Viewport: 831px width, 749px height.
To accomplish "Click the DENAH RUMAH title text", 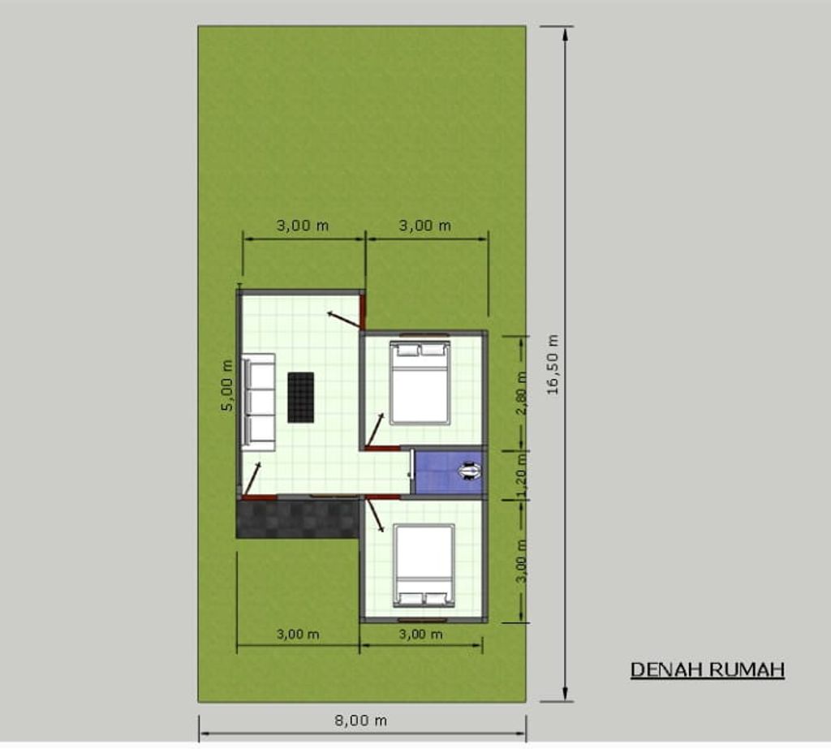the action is point(708,670).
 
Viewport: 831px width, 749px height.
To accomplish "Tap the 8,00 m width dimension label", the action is point(360,721).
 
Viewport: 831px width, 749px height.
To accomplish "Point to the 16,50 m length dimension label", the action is point(553,364).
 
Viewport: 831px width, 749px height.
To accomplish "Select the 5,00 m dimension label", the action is point(227,385).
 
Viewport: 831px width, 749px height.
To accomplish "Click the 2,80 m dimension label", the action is point(522,393).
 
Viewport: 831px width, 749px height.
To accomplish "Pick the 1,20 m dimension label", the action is point(522,476).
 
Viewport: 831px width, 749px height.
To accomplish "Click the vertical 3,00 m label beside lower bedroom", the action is point(522,561).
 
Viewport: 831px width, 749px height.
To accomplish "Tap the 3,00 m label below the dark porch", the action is point(298,634).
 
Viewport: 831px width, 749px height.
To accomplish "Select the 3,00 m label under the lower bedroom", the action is point(421,634).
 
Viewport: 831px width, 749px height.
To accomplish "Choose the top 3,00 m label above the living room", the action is point(303,226).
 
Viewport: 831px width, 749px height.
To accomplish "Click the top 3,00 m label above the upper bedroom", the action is point(425,226).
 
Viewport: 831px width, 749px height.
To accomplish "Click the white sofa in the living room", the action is point(259,402).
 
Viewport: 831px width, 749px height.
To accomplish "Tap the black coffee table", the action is point(300,398).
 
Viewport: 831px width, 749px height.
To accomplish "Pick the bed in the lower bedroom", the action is point(424,566).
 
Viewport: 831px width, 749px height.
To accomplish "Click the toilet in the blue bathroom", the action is point(470,471).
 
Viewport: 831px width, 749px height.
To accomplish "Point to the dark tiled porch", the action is point(298,519).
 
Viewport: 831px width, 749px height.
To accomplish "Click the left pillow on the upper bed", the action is point(407,350).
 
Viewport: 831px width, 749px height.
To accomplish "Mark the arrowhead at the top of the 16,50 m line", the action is point(566,33).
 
